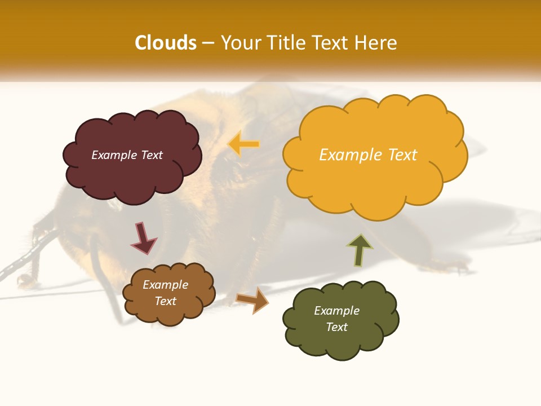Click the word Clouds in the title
click(x=166, y=43)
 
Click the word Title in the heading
click(x=285, y=43)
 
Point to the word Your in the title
click(x=239, y=43)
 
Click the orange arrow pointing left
click(x=243, y=144)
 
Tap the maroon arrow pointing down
click(x=143, y=238)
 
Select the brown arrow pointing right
click(x=252, y=299)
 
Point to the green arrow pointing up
click(x=360, y=250)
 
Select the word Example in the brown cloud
click(x=165, y=285)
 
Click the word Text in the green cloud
click(x=336, y=327)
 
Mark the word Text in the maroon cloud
click(x=152, y=155)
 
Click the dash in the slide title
click(x=207, y=43)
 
